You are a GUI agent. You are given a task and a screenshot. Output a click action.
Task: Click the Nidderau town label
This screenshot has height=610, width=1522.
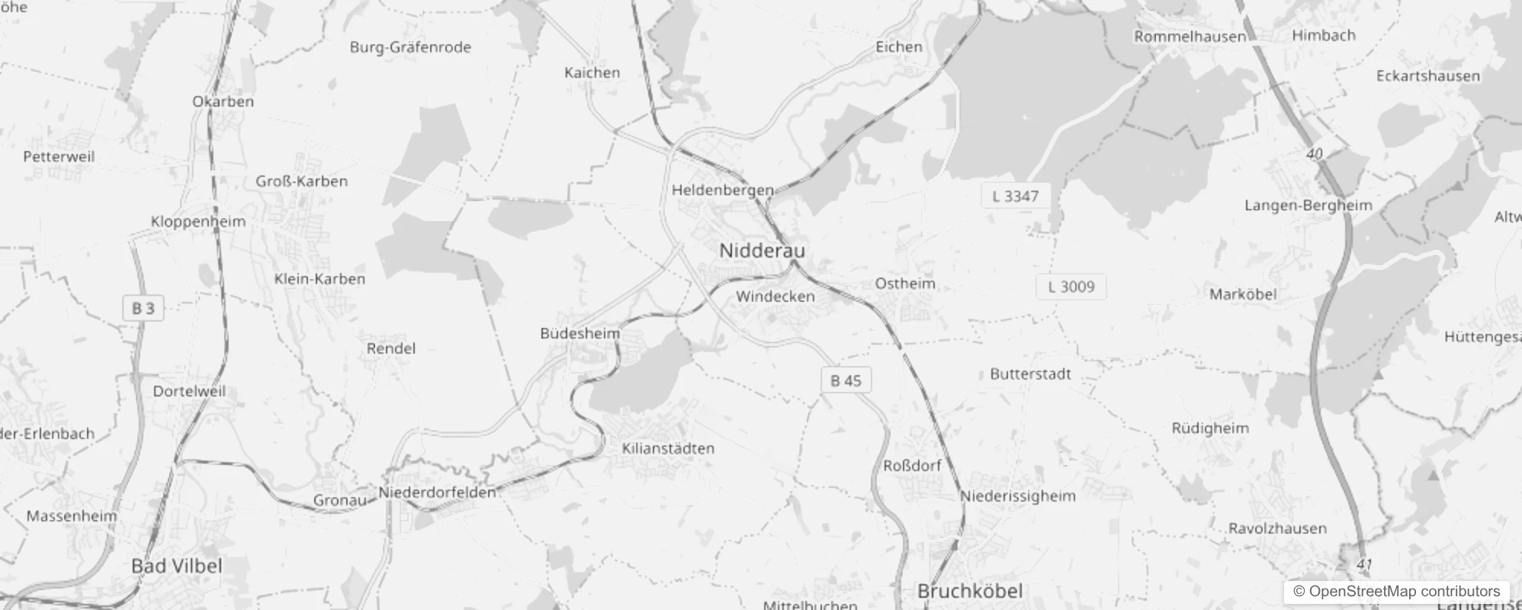tap(762, 251)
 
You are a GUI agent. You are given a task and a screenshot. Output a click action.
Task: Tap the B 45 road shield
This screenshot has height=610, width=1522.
tap(846, 380)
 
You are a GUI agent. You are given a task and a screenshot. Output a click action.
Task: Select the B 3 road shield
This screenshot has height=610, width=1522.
tap(143, 308)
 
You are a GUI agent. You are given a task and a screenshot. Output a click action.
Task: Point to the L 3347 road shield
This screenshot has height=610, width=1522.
tap(1015, 197)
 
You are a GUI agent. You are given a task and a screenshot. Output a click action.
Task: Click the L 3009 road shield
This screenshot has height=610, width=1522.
tap(1071, 287)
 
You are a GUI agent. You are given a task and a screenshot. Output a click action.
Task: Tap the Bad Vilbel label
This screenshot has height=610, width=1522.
tap(177, 566)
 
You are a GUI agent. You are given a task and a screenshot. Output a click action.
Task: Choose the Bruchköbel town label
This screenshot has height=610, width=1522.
tap(970, 591)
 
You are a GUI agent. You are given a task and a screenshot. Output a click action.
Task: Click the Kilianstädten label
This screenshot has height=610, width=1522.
tap(668, 448)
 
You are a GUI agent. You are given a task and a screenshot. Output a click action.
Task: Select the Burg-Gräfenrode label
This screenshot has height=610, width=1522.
tap(410, 47)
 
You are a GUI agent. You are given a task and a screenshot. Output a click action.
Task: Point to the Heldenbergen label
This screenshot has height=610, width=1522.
tap(722, 190)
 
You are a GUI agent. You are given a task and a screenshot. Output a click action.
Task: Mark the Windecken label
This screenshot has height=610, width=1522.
tap(775, 297)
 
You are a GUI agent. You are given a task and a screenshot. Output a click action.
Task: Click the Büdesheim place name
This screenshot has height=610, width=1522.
tap(580, 333)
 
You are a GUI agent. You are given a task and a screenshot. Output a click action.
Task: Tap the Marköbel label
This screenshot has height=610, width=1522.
tap(1243, 294)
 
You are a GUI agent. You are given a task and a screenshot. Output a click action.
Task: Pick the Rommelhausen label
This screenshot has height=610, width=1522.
tap(1190, 37)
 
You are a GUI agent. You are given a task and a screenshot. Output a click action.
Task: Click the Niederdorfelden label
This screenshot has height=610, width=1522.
tap(437, 493)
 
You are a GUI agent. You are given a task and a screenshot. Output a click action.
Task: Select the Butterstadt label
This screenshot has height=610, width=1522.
tap(1030, 374)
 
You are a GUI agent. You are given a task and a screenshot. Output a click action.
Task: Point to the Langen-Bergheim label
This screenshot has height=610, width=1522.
tap(1308, 205)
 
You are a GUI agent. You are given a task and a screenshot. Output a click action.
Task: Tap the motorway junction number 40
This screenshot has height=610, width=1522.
tap(1314, 154)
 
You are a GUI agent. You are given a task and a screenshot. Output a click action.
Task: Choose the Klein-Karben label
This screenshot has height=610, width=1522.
tap(319, 279)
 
